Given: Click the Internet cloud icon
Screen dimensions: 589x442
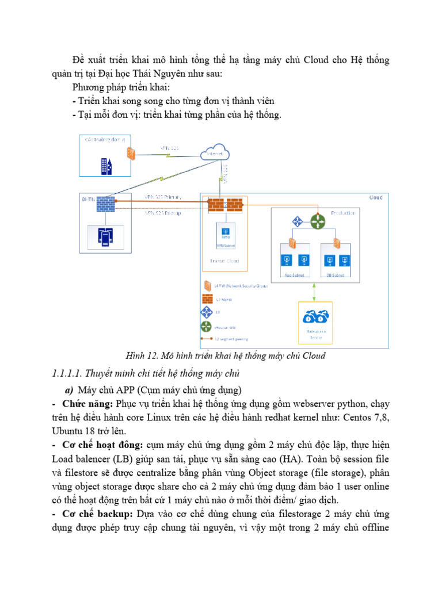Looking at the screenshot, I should (x=215, y=154).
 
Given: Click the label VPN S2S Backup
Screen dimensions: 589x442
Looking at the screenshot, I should (x=163, y=213).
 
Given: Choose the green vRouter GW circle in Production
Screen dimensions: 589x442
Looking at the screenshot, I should (x=318, y=221).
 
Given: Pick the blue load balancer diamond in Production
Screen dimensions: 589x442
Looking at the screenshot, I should (x=298, y=221).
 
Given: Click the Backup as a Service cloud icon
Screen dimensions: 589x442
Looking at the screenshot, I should (x=316, y=317).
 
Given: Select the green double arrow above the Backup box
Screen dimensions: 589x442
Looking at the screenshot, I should (x=314, y=289).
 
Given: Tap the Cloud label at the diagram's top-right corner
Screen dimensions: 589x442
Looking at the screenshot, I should (x=375, y=198).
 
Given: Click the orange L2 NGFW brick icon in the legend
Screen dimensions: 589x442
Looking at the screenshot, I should (x=207, y=299).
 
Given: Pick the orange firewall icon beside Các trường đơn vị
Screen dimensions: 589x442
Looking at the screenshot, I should (x=132, y=154).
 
